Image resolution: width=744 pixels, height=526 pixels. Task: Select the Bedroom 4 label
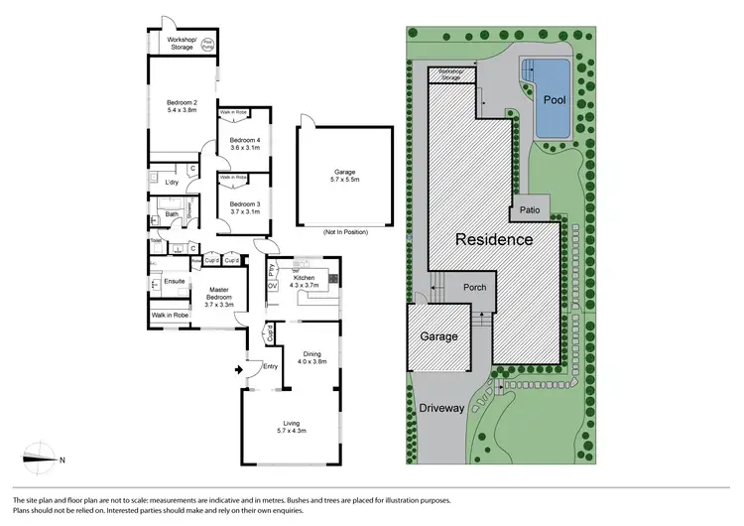tap(244, 144)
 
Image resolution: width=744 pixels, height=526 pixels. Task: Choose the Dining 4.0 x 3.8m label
tap(314, 357)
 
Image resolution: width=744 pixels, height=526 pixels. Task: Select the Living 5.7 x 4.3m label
tap(290, 429)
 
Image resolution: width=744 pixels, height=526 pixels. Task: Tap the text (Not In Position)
tap(344, 232)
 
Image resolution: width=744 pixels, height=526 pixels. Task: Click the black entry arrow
tap(235, 370)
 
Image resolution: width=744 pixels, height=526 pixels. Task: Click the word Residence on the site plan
tap(494, 240)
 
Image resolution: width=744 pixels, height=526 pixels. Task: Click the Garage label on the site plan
tap(437, 336)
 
